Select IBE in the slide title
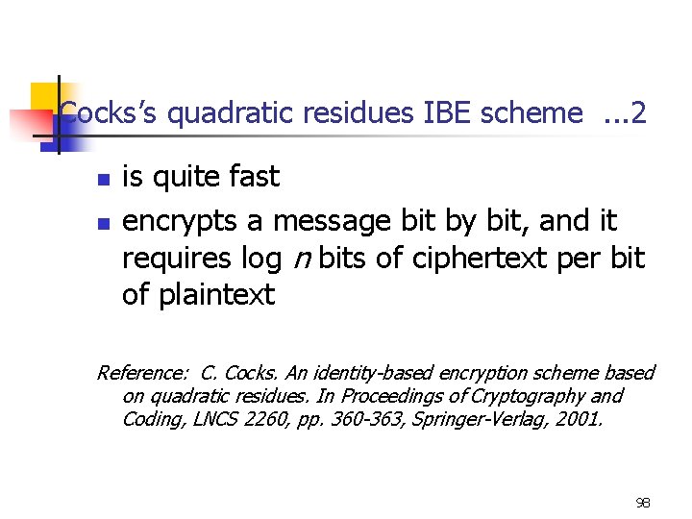coord(448,114)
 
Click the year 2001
coord(580,419)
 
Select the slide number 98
coord(642,503)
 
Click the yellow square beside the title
coord(43,95)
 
